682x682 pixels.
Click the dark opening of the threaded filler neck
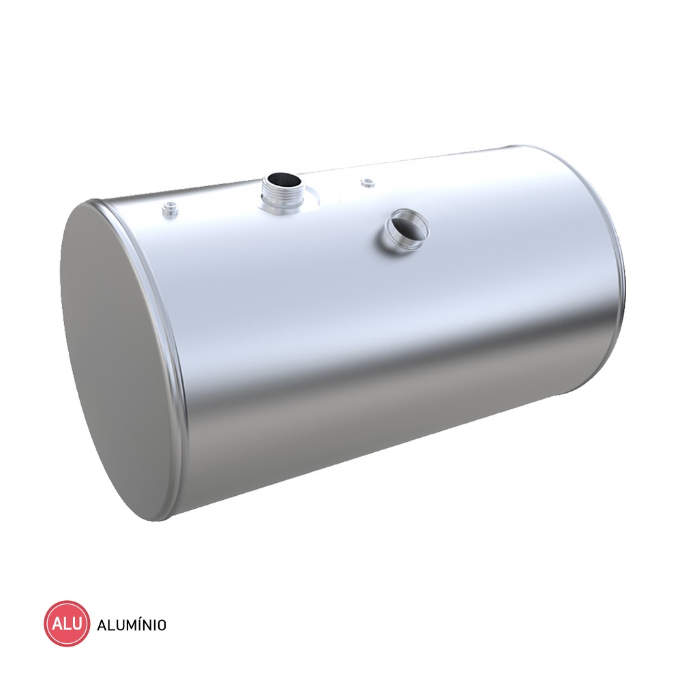(283, 179)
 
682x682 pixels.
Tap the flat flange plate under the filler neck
(288, 205)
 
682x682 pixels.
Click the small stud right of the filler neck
(368, 182)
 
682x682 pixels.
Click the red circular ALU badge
(67, 624)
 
